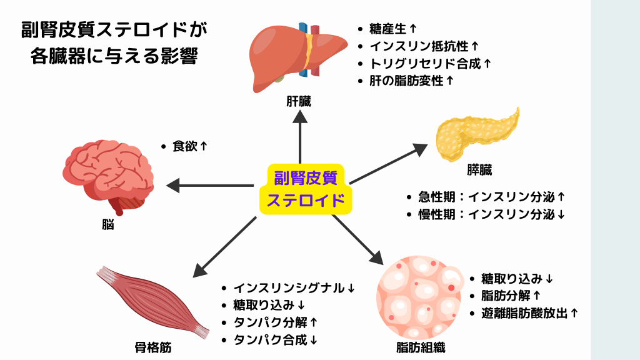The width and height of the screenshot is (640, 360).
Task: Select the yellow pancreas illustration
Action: (476, 135)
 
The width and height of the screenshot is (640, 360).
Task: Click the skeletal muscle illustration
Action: (154, 300)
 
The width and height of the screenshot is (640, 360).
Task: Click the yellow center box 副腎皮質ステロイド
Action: (305, 189)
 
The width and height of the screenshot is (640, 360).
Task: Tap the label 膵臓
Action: (480, 169)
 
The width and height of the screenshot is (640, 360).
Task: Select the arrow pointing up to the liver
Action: (300, 137)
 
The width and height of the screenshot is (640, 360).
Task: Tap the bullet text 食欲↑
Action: (189, 146)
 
